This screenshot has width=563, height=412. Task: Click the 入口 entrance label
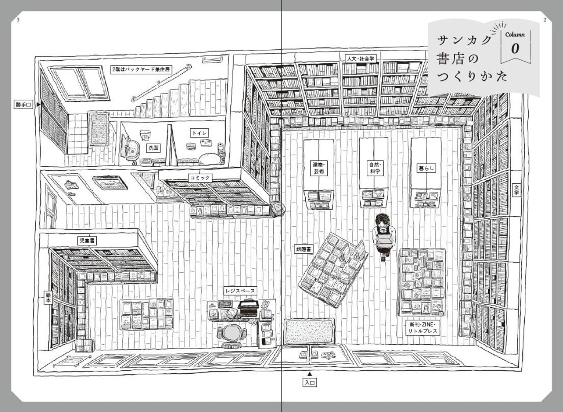(310, 383)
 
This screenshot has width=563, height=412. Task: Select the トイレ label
(199, 132)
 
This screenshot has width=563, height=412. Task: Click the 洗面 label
(153, 148)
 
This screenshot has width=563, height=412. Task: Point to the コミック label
(200, 178)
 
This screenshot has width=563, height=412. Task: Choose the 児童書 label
(88, 241)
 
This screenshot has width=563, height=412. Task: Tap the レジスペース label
(240, 291)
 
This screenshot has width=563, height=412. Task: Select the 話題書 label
(303, 249)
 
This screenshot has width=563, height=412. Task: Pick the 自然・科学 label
(375, 167)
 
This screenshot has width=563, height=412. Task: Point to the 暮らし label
(426, 168)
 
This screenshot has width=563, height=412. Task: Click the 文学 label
(516, 190)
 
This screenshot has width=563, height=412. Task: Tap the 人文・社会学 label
(360, 58)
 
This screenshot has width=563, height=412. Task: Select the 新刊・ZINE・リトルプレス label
(422, 328)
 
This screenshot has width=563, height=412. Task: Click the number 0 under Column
(515, 49)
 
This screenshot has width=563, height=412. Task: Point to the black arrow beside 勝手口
(39, 105)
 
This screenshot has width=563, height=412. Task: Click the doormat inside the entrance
(309, 331)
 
